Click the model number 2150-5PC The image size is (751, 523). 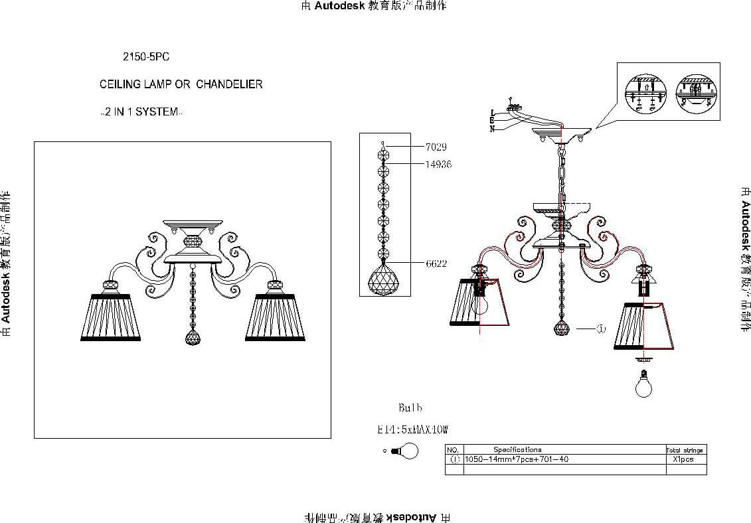(x=146, y=57)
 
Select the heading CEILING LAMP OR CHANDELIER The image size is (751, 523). (x=181, y=84)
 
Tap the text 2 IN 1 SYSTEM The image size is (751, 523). (x=139, y=112)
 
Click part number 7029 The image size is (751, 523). (x=436, y=147)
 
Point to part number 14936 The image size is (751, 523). (x=438, y=164)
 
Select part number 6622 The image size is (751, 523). (x=436, y=263)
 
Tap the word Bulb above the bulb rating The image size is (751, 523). (x=410, y=408)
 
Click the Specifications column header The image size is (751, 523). (x=517, y=449)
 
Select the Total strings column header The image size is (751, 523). (x=684, y=450)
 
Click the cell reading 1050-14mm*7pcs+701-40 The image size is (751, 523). (x=517, y=459)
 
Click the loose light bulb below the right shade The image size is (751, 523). (x=643, y=384)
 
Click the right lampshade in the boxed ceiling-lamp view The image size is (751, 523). (x=275, y=315)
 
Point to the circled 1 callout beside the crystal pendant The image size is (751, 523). (x=600, y=329)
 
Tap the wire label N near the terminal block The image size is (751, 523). (x=492, y=129)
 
